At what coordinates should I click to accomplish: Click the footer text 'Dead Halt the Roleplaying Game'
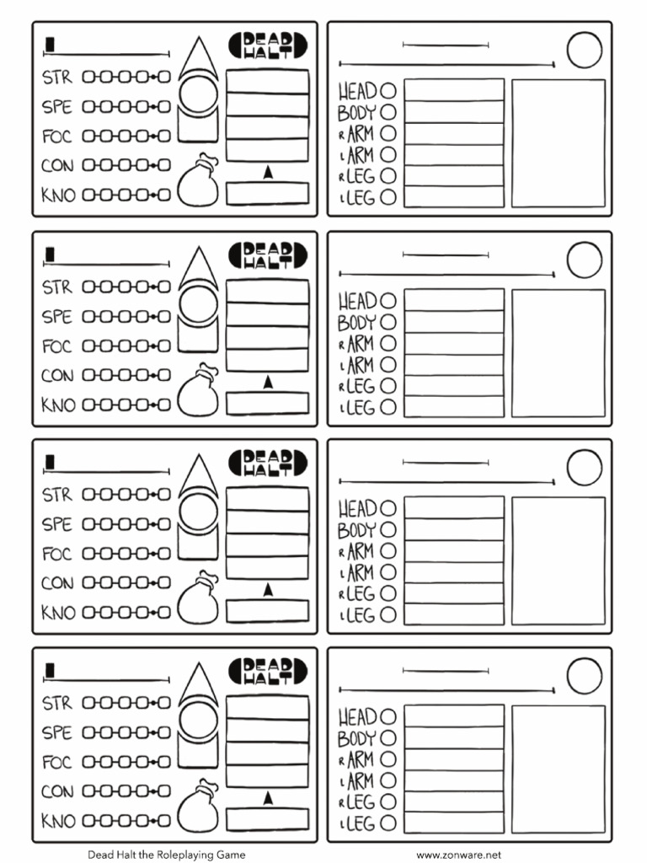tap(166, 855)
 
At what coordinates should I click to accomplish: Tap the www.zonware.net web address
tap(458, 855)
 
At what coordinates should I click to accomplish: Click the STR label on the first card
tap(57, 77)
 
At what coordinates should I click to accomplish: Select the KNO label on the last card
tap(58, 821)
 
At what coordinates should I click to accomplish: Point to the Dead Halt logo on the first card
tap(268, 46)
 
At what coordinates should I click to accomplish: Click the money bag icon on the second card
tap(198, 389)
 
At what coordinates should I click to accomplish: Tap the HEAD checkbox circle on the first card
tap(388, 90)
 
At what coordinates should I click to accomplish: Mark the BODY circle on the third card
tap(388, 529)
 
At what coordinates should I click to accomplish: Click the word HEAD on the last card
tap(357, 716)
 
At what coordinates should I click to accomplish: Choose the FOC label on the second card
tap(56, 346)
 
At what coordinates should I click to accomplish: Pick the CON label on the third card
tap(57, 583)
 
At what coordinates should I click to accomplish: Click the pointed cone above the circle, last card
tap(199, 686)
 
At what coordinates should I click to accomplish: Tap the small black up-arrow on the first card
tap(268, 172)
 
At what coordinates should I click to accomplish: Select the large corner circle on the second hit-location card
tap(585, 260)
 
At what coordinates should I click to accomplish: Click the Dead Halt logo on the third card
tap(268, 463)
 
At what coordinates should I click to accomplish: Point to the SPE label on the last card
tap(56, 732)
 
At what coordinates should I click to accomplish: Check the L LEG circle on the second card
tap(388, 407)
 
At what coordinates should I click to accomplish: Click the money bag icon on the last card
tap(198, 805)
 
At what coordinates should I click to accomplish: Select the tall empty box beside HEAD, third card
tap(559, 560)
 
